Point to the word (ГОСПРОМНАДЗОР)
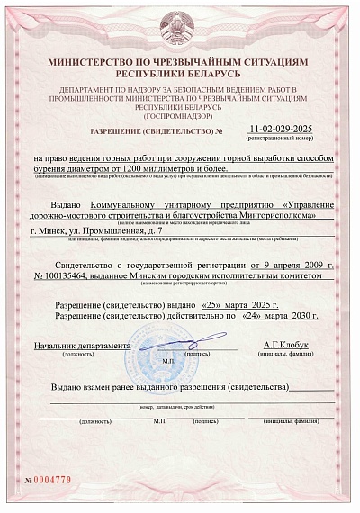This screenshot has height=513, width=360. coord(180,117)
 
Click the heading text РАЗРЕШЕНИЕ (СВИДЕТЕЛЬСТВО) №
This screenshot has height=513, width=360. coord(157,132)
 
